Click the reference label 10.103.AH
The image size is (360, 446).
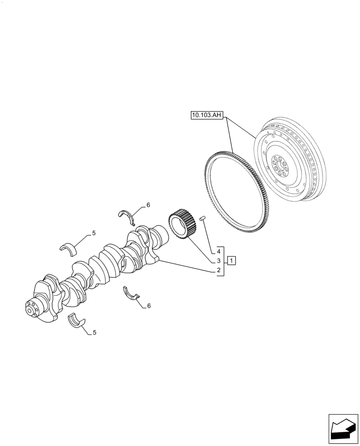point(207,116)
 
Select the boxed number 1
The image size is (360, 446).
point(232,260)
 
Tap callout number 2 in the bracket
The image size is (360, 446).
point(219,270)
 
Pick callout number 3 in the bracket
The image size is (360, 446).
point(219,260)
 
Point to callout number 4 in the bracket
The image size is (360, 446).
point(219,251)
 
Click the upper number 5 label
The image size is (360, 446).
point(94,233)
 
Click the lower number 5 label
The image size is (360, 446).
point(94,332)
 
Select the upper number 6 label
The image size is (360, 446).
point(148,205)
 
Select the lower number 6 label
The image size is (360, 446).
point(148,306)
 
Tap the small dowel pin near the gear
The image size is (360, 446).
point(202,219)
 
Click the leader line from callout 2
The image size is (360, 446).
point(187,265)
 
